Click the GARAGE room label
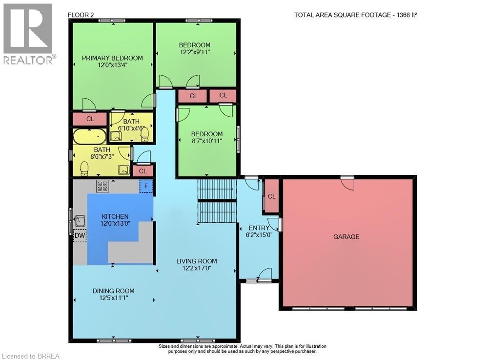coord(346,237)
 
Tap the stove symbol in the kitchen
coord(102,186)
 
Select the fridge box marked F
coord(145,186)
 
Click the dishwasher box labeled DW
coord(80,235)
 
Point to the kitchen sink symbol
coord(80,221)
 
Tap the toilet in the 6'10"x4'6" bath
coord(145,134)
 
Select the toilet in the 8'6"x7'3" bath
coord(84,169)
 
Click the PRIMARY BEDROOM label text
coord(112,58)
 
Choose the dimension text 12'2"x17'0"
coord(197,268)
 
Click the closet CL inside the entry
coord(272,196)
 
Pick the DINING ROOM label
coord(114,291)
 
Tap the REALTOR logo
coord(29,34)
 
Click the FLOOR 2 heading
coord(81,15)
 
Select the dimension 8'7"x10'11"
coord(206,141)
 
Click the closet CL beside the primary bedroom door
coord(90,119)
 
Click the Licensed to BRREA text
coord(30,356)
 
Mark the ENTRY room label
coord(259,228)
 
